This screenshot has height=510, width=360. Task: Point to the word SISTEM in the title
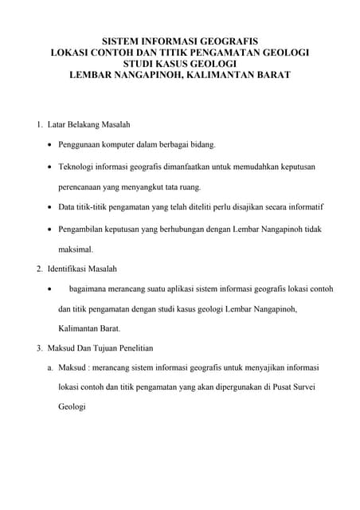pyautogui.click(x=125, y=39)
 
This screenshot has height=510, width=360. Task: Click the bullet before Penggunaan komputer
pyautogui.click(x=51, y=146)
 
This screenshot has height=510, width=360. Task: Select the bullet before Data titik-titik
pyautogui.click(x=51, y=207)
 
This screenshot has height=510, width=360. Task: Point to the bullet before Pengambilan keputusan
pyautogui.click(x=51, y=228)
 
